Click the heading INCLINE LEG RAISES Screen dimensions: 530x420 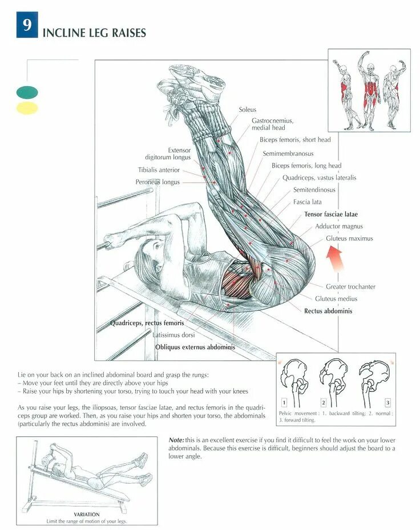pos(94,33)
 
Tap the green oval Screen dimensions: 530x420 pos(27,92)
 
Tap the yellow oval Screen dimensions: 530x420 pos(27,108)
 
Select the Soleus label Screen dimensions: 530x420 pos(248,110)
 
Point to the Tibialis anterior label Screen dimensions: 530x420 pos(159,170)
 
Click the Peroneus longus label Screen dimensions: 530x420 pos(157,182)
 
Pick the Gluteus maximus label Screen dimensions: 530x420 pos(349,238)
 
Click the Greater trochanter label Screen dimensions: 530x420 pos(350,286)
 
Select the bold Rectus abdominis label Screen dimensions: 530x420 pos(328,311)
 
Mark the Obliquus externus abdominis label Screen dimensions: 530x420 pos(195,347)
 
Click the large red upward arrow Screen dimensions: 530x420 pos(335,260)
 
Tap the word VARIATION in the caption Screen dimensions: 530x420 pos(87,514)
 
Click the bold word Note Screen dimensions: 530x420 pos(176,440)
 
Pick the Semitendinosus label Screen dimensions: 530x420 pos(314,190)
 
